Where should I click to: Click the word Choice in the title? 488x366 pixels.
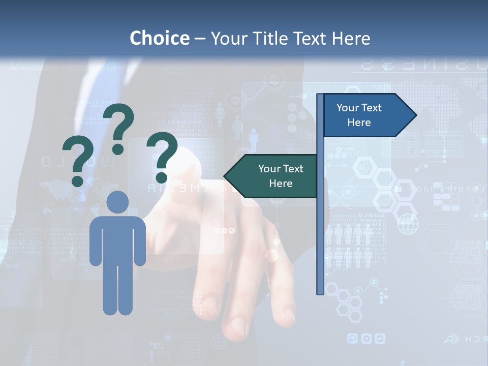[159, 38]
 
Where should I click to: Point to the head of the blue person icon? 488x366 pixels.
[117, 202]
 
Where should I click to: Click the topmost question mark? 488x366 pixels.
[119, 127]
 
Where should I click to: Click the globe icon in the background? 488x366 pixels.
[407, 224]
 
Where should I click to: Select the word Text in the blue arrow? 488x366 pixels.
[372, 108]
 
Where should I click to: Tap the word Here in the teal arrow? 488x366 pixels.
[281, 184]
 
